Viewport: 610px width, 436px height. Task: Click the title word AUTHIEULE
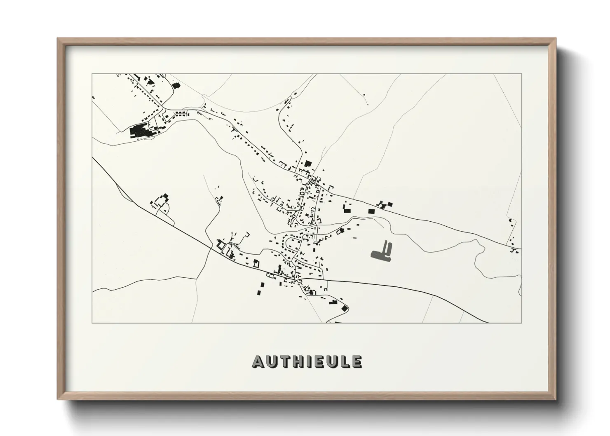point(307,361)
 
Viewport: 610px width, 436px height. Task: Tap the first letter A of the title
point(258,362)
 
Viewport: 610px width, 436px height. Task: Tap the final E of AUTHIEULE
point(357,362)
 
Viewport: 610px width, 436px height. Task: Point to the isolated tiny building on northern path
point(364,95)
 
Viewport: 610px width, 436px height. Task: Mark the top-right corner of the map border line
point(521,74)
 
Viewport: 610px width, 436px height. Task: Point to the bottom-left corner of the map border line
point(92,323)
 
